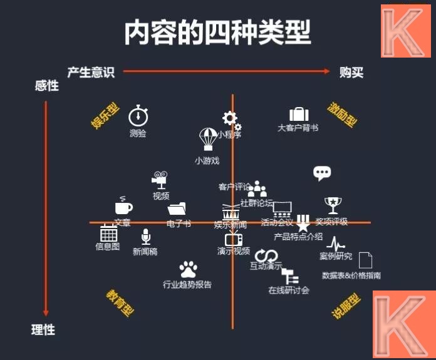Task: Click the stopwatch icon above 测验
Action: [138, 116]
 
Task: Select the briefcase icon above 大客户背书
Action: [299, 114]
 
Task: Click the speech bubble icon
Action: [322, 173]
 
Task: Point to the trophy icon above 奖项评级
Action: [331, 205]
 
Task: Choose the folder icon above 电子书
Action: [177, 208]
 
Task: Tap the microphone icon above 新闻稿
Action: [145, 237]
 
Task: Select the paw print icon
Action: [187, 269]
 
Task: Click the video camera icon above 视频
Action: [160, 180]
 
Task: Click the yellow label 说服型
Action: [346, 305]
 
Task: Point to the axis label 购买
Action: [351, 72]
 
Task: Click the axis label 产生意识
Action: [91, 72]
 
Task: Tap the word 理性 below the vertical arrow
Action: [43, 329]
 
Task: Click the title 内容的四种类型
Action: [217, 33]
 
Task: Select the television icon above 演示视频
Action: [234, 239]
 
